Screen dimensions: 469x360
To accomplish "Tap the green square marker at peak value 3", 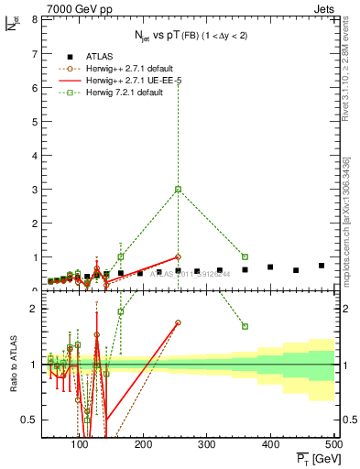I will click(179, 189).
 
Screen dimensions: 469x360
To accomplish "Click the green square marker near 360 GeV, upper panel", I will click(245, 256).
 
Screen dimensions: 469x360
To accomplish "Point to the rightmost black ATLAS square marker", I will click(322, 266).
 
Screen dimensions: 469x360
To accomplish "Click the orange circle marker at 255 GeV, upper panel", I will click(179, 256).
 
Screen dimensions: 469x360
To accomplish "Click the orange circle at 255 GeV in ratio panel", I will click(179, 322).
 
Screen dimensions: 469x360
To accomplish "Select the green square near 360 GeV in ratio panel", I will click(245, 326).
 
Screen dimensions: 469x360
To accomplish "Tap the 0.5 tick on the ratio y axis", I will click(31, 420).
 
